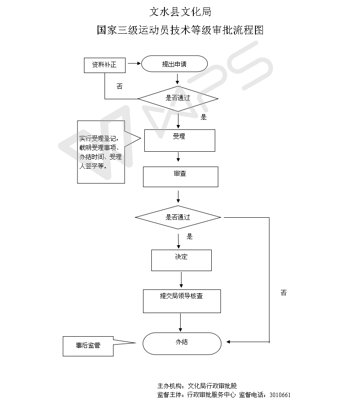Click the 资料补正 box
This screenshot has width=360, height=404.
point(104,65)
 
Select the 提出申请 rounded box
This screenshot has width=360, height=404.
point(174,64)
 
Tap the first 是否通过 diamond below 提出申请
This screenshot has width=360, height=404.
point(178,98)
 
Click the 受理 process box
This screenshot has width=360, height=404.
point(179,140)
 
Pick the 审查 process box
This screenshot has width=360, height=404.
point(180,177)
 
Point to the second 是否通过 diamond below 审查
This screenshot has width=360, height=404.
point(178,217)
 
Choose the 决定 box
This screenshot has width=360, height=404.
point(181,260)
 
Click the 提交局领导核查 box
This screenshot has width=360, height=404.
point(182,301)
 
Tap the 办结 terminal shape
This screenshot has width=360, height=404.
point(182,343)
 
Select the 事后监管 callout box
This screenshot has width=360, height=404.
point(88,346)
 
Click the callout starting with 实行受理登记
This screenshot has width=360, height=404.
point(101,152)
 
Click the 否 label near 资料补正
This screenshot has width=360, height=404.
point(119,87)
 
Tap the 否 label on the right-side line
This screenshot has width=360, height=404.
point(283,293)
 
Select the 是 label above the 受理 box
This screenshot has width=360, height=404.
point(203,117)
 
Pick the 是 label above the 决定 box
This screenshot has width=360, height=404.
point(189,237)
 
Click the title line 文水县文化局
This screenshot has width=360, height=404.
point(180,11)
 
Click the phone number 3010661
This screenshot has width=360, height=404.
point(280,394)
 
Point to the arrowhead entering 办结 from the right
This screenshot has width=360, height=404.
point(229,341)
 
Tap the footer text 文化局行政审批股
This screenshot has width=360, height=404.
point(212,386)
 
